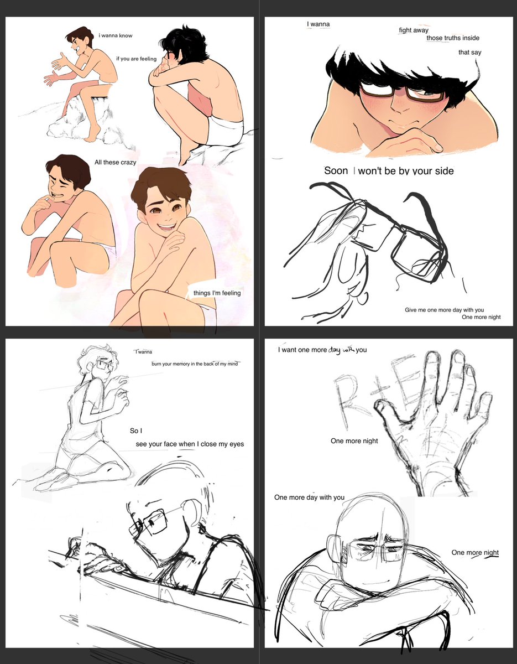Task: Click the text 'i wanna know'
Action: tap(116, 35)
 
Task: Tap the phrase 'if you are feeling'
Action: tap(136, 59)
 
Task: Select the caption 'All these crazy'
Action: tap(115, 162)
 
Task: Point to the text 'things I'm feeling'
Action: tap(217, 293)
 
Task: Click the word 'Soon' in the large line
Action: tap(336, 170)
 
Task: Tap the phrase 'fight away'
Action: tap(414, 30)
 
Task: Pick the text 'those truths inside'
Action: tap(453, 38)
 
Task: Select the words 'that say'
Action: tap(469, 52)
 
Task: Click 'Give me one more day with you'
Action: tap(445, 310)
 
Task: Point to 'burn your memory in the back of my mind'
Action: tap(195, 364)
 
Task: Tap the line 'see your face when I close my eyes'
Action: tap(190, 444)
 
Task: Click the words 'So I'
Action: tap(136, 430)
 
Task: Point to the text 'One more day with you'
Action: tap(309, 497)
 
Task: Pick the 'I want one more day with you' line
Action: tap(322, 350)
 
